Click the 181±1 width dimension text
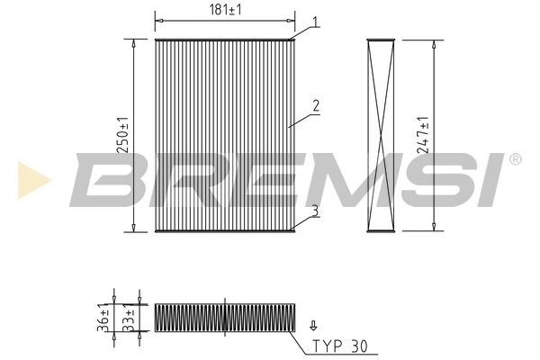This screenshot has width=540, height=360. click(x=225, y=10)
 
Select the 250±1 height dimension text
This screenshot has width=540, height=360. click(x=124, y=135)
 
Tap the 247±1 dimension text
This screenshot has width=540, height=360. click(x=424, y=135)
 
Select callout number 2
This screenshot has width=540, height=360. click(x=316, y=105)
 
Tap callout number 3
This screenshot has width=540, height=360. click(x=316, y=211)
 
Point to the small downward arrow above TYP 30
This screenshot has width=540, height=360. click(x=313, y=326)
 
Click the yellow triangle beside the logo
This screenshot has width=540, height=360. click(x=31, y=180)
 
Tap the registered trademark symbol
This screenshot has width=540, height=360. click(x=515, y=159)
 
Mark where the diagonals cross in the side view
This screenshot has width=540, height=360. click(x=382, y=135)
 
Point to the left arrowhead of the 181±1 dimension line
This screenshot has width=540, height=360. click(x=158, y=17)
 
